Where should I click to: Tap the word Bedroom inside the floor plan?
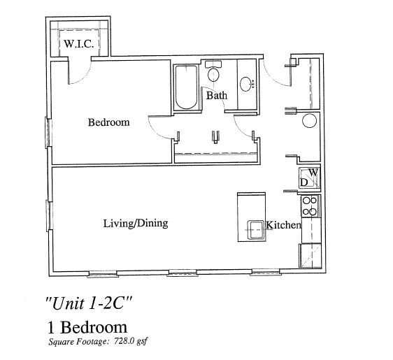pos(108,122)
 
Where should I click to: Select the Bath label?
pos(216,95)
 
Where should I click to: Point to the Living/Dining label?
pos(136,224)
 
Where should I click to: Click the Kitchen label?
pos(283,225)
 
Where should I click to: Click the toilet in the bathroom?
pos(214,73)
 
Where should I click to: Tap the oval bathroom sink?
pos(247,85)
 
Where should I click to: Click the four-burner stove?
pos(310,206)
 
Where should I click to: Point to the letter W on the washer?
pos(314,172)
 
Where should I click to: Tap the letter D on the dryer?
pos(304,182)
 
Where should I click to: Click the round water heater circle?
pos(310,121)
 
